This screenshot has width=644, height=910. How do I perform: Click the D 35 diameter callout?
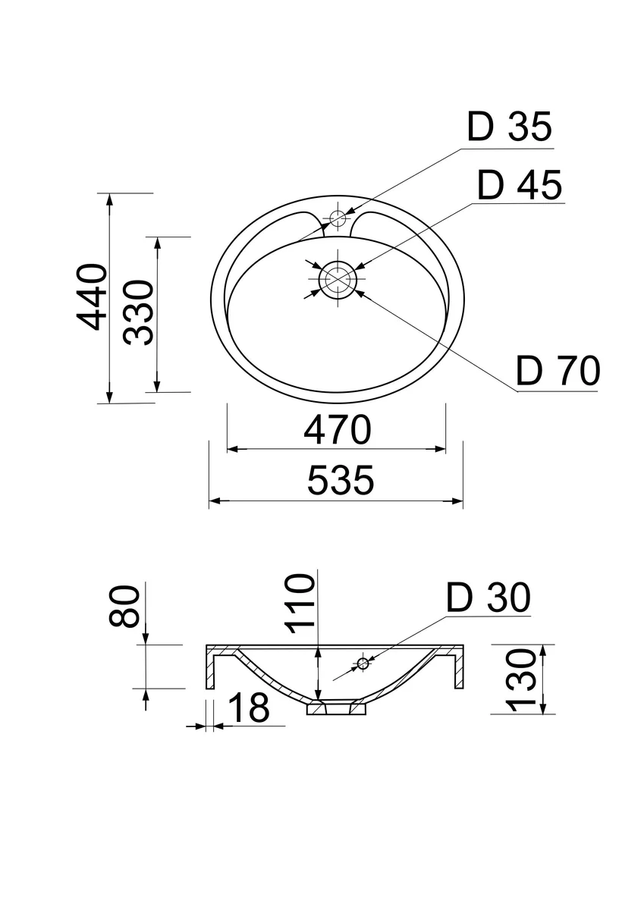(x=510, y=127)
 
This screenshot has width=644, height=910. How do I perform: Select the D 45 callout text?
(x=520, y=185)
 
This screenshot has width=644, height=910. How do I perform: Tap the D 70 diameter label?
(x=558, y=371)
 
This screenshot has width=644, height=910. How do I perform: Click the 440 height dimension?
(x=92, y=297)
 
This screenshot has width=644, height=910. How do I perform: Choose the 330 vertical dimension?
(x=139, y=312)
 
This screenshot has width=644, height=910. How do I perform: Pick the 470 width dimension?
(x=338, y=430)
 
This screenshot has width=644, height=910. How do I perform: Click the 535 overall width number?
(x=341, y=481)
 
